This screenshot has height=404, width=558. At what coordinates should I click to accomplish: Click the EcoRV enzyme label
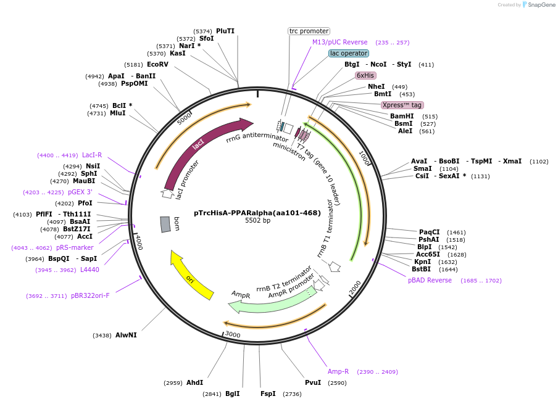coord(157,64)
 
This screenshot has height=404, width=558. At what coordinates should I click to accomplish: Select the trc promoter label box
coord(309,31)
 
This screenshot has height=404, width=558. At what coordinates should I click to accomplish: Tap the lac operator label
coord(349,54)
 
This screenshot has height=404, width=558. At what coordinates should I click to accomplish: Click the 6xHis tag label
coord(365,75)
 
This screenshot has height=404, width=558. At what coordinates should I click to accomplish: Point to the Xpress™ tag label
coord(402,105)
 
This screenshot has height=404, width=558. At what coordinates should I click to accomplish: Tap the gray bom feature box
coord(165,224)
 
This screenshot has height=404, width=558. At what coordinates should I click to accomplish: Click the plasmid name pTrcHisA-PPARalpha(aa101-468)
coord(257,212)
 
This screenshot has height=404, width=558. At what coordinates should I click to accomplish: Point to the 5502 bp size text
coord(257,220)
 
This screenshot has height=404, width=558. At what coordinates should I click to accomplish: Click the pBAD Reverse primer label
coord(430,280)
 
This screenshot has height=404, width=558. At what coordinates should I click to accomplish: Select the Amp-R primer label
coord(338,371)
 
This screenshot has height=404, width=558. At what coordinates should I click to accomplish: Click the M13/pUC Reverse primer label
coord(339,42)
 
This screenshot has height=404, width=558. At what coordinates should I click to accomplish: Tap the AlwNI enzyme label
coord(126,335)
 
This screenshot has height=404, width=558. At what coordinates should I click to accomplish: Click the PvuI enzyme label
coord(313,382)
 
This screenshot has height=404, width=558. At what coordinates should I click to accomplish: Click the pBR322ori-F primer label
coord(90,295)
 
